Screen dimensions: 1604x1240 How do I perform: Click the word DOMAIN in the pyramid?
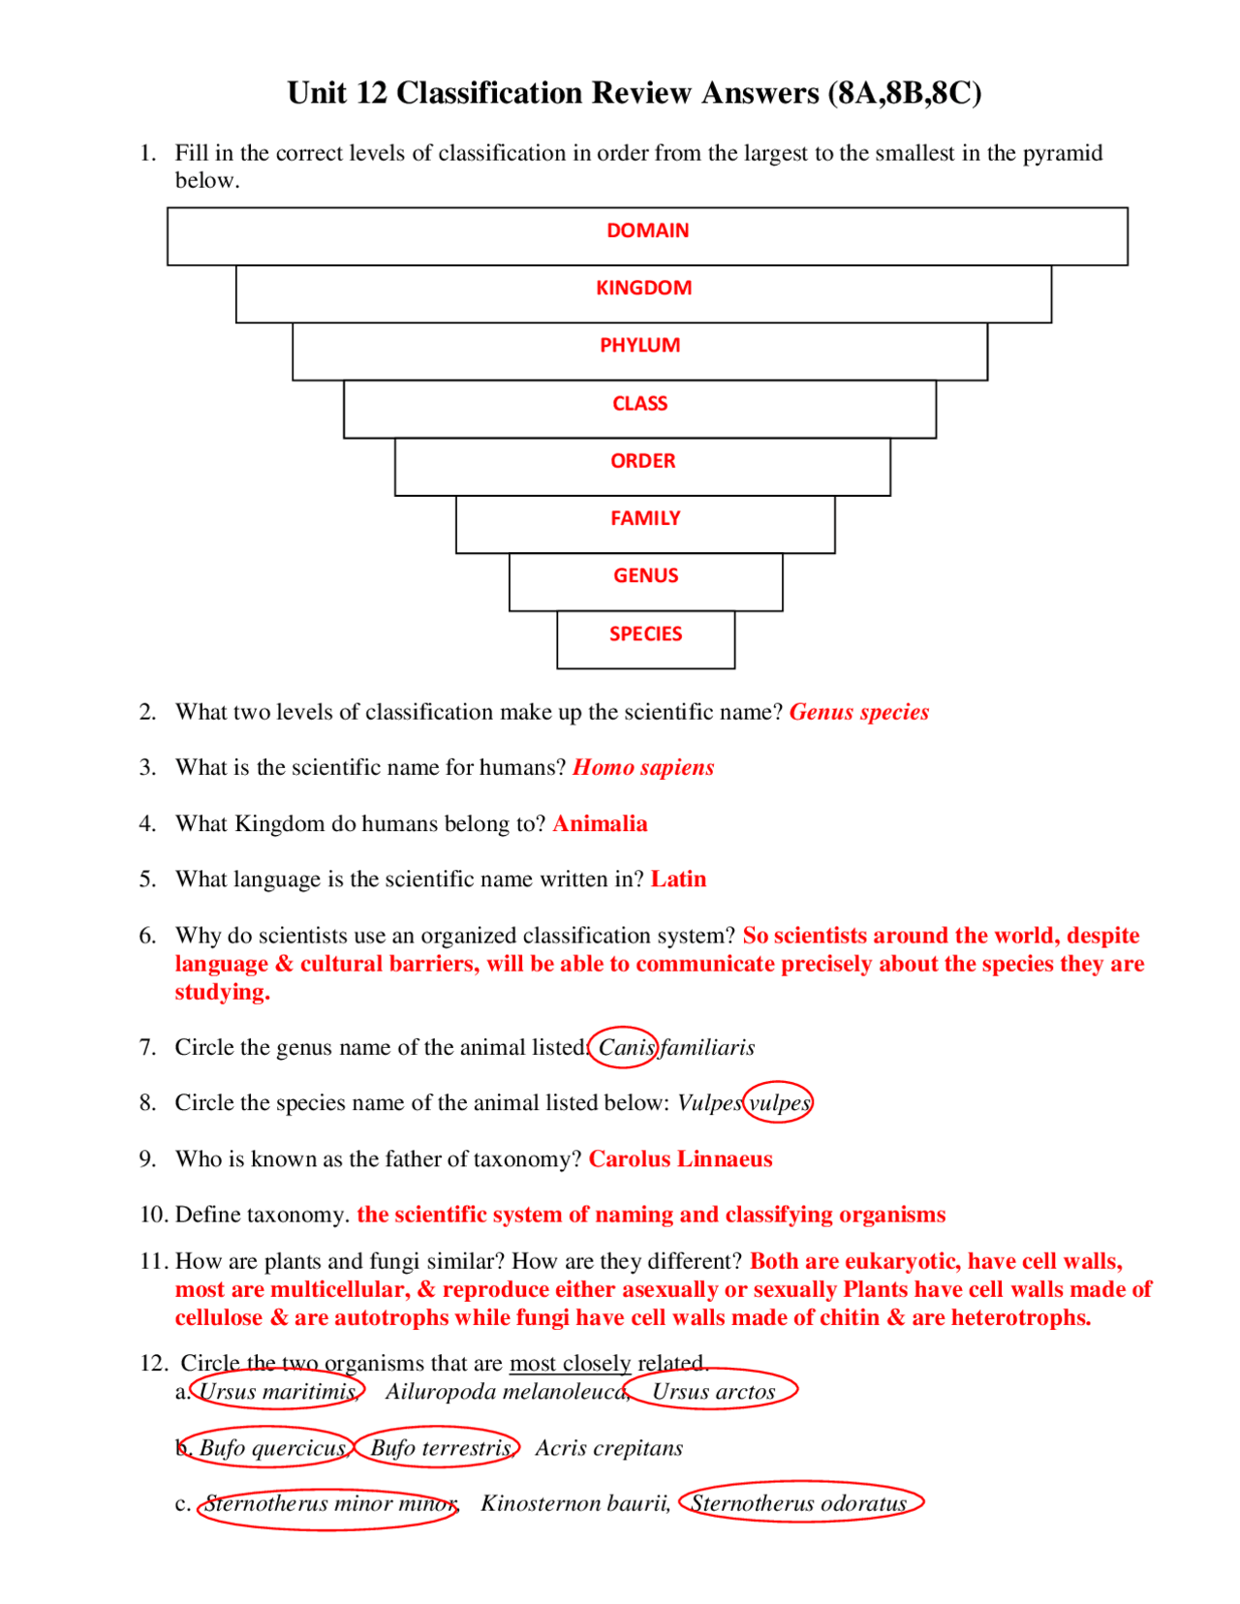647,231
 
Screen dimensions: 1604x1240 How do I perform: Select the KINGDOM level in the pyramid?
643,288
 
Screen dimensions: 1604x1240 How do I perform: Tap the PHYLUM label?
639,346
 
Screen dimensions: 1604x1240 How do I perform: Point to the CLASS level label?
639,403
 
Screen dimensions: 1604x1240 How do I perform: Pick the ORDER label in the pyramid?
642,461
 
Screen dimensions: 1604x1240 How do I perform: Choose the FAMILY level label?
645,518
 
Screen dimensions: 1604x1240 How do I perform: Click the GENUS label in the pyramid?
645,576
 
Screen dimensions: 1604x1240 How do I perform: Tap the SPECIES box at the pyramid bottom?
645,634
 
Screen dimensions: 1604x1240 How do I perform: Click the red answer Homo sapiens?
643,768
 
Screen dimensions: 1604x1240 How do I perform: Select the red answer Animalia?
600,824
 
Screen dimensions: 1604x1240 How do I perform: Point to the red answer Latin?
678,879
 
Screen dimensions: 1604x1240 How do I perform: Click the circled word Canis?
626,1048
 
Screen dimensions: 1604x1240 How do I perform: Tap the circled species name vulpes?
778,1103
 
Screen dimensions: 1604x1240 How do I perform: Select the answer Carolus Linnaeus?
680,1159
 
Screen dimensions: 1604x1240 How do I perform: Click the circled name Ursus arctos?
714,1392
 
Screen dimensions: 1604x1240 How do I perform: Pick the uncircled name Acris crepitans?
608,1448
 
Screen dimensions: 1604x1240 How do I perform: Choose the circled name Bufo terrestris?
440,1448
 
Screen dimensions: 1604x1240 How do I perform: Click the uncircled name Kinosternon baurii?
574,1503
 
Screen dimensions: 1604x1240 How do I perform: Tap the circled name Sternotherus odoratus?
799,1503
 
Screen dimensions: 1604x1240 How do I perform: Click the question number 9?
147,1159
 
